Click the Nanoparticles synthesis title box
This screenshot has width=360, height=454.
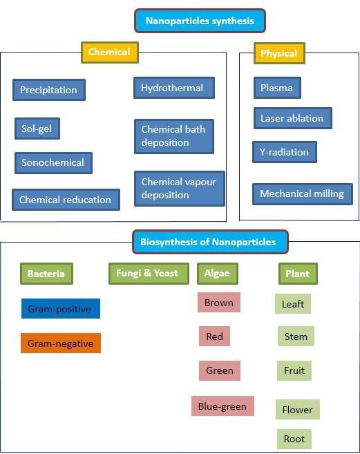(200, 21)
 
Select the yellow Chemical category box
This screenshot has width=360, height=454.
(110, 53)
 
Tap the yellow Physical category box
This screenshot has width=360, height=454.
(279, 53)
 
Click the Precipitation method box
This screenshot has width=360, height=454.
(49, 90)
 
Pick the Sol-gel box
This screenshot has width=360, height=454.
(37, 129)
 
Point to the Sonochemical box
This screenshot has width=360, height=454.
(53, 162)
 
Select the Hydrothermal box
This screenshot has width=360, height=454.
(173, 88)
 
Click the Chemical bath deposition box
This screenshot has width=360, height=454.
(174, 136)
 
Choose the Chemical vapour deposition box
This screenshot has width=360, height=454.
(180, 189)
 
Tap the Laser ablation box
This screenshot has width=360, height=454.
(293, 118)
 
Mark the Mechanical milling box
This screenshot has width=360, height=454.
(303, 194)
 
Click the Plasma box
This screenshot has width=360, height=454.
(277, 88)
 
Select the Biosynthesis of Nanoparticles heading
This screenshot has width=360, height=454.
(210, 242)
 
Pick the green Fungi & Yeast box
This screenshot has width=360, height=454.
(149, 274)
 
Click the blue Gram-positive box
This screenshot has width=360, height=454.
(61, 309)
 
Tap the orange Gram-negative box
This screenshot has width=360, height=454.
(61, 343)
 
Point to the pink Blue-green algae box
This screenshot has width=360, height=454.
(222, 406)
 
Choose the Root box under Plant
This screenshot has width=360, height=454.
(294, 439)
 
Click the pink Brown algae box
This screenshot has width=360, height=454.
(219, 302)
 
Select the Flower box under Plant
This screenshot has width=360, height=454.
(298, 409)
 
